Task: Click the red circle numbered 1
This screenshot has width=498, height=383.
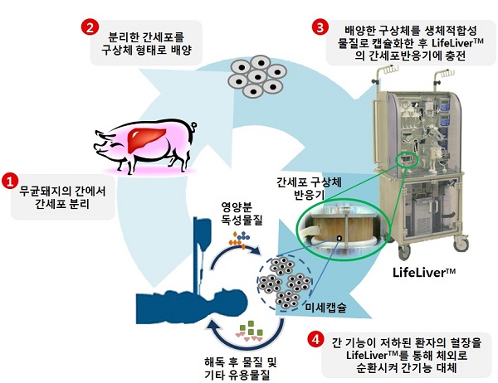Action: pyautogui.click(x=10, y=181)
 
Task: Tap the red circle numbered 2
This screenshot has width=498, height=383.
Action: pyautogui.click(x=90, y=27)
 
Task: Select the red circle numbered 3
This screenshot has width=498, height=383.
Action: pyautogui.click(x=320, y=27)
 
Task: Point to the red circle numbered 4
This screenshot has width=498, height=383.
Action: pyautogui.click(x=315, y=340)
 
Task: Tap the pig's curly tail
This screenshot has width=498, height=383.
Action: pyautogui.click(x=193, y=128)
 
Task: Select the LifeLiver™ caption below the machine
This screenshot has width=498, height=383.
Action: pyautogui.click(x=424, y=272)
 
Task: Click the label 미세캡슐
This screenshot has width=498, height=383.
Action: pyautogui.click(x=326, y=308)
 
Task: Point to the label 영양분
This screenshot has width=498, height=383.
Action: pyautogui.click(x=237, y=206)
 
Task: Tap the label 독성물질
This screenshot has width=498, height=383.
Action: pyautogui.click(x=242, y=220)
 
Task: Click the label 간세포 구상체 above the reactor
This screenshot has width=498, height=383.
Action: pyautogui.click(x=309, y=182)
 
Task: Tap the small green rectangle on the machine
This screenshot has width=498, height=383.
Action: pyautogui.click(x=408, y=159)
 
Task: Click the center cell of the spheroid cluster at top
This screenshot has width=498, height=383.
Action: pyautogui.click(x=257, y=77)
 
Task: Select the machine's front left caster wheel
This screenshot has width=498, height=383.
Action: pyautogui.click(x=404, y=253)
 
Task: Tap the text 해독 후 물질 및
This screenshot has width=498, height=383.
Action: pyautogui.click(x=241, y=361)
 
